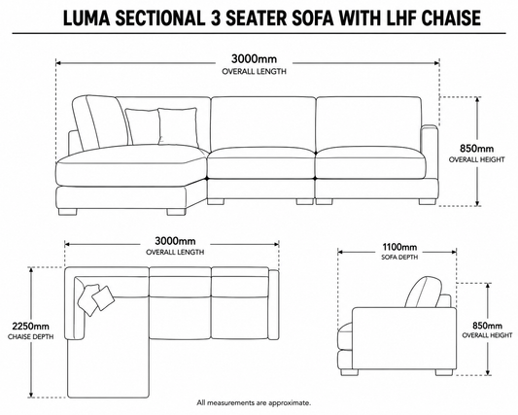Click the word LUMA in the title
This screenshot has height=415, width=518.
[86, 17]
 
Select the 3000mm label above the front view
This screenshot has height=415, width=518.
[254, 59]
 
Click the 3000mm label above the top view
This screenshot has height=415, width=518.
[175, 241]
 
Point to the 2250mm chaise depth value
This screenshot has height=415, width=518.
[31, 327]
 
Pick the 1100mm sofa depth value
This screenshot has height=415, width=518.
[399, 247]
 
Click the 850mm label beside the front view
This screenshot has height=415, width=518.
[477, 149]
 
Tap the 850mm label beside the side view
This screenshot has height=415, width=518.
[487, 326]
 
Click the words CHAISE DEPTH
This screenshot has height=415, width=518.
[31, 337]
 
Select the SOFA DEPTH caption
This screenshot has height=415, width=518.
[399, 257]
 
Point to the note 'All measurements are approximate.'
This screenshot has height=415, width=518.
[254, 403]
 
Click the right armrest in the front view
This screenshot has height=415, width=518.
[430, 152]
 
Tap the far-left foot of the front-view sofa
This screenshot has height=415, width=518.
[68, 212]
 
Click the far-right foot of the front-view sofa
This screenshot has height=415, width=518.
[428, 201]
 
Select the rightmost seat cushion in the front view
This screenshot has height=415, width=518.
[370, 163]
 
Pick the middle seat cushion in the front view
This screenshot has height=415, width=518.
[261, 163]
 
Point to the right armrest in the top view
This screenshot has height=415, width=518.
[273, 304]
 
